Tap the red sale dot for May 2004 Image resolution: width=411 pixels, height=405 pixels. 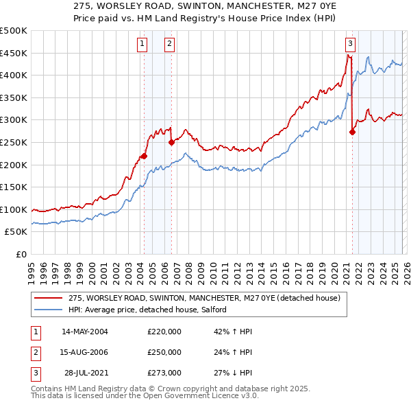point(145,156)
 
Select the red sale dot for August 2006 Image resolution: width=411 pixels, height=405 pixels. point(171,143)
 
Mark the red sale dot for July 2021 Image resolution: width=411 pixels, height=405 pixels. point(352,132)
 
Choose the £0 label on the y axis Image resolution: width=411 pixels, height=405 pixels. point(21,254)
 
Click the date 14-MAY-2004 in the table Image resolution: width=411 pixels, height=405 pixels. point(85,332)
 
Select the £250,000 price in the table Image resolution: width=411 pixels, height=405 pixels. point(164,352)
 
